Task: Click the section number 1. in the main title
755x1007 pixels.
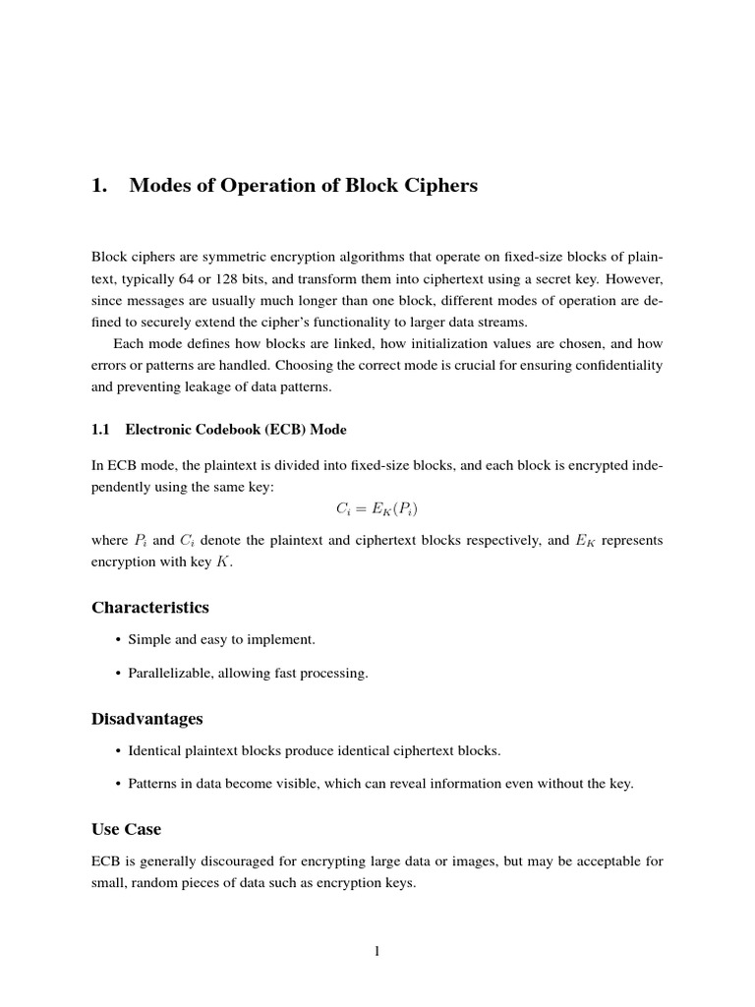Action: (x=98, y=185)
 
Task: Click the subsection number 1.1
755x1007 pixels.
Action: (x=102, y=430)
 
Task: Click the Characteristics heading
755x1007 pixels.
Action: (x=150, y=607)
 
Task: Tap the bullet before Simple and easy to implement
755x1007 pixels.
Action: (x=119, y=640)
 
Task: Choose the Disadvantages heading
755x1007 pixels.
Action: (x=147, y=719)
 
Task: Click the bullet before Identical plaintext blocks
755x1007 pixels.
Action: (x=119, y=751)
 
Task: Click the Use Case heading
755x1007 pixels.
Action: (x=127, y=829)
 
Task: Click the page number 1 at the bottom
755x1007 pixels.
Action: (x=377, y=950)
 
